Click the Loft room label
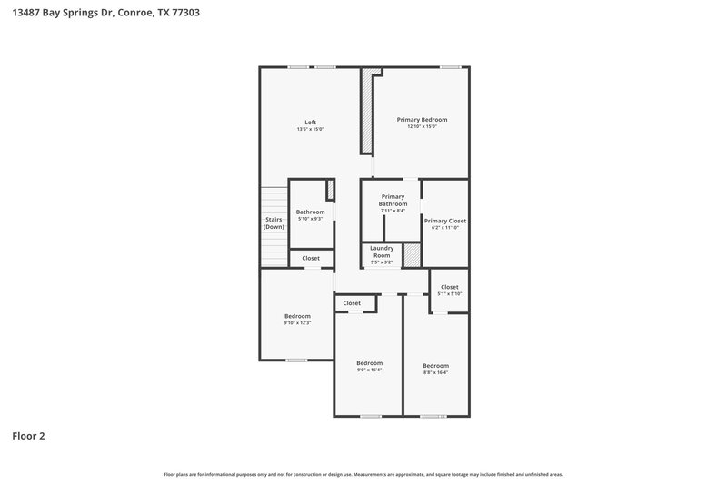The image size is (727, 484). [x=310, y=122]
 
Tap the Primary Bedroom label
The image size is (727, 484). [x=422, y=119]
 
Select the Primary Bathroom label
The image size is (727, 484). [x=393, y=200]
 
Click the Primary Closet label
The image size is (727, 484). [x=444, y=220]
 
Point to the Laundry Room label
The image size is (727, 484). [x=382, y=251]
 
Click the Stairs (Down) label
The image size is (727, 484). [x=274, y=222]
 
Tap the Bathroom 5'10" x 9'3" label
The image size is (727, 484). [x=310, y=212]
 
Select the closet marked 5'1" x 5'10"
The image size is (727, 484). [x=449, y=287]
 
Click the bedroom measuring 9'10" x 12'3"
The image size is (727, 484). [x=297, y=316]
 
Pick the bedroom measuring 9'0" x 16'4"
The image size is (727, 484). [x=369, y=362]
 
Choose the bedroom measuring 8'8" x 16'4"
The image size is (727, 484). [x=435, y=365]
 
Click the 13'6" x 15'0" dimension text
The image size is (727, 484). [x=310, y=130]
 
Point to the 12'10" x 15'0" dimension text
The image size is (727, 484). [x=422, y=127]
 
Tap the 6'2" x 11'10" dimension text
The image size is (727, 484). [x=444, y=228]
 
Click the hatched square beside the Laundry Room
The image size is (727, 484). [x=412, y=255]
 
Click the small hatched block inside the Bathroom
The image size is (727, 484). [x=330, y=189]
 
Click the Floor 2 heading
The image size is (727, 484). [x=28, y=436]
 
